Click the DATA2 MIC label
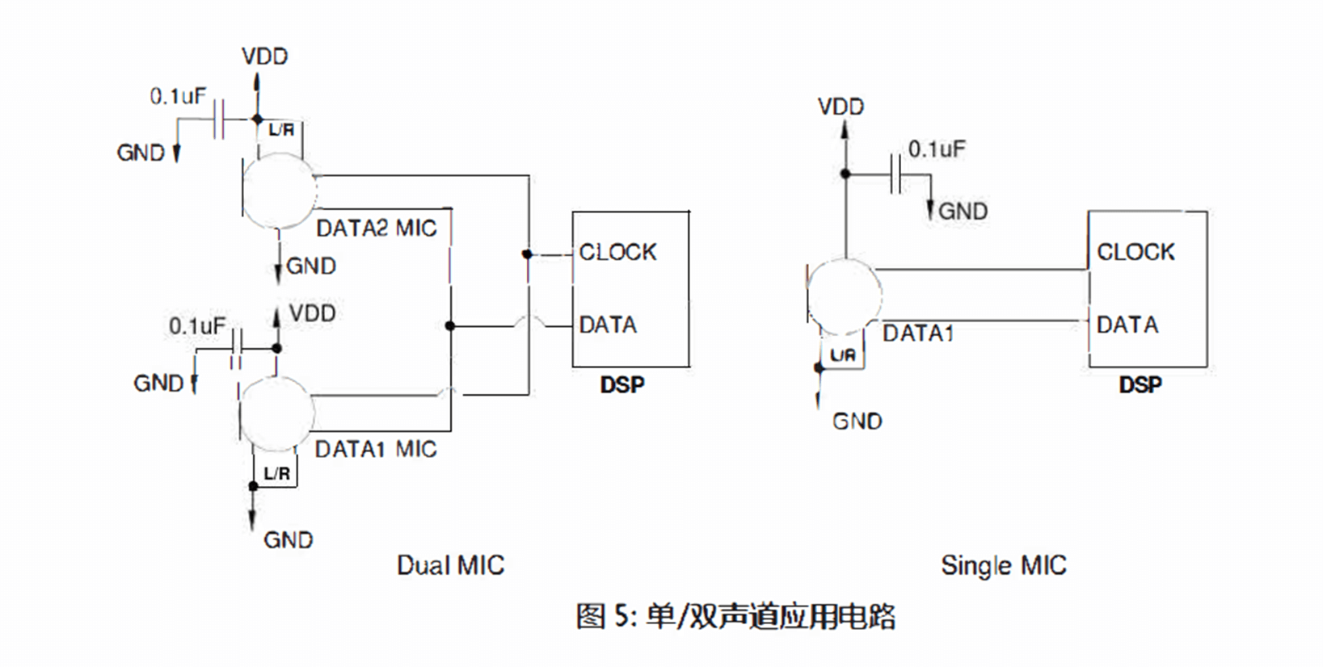(x=376, y=229)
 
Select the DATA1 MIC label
(x=375, y=449)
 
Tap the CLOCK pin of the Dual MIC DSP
(x=617, y=253)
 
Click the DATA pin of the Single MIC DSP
(x=1127, y=325)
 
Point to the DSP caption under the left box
(x=622, y=384)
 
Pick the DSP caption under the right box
(x=1140, y=384)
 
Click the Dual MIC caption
(x=450, y=565)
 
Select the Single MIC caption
(x=1003, y=565)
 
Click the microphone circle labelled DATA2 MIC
(x=279, y=191)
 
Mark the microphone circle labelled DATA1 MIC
(x=277, y=413)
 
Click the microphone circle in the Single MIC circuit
(x=845, y=296)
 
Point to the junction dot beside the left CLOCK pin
(x=527, y=254)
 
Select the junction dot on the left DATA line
(x=450, y=326)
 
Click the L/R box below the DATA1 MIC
(x=276, y=473)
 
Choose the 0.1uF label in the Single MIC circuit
(x=936, y=149)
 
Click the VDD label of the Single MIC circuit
(x=841, y=107)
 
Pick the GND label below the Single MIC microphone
(x=857, y=422)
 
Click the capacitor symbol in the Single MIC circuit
(x=895, y=174)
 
